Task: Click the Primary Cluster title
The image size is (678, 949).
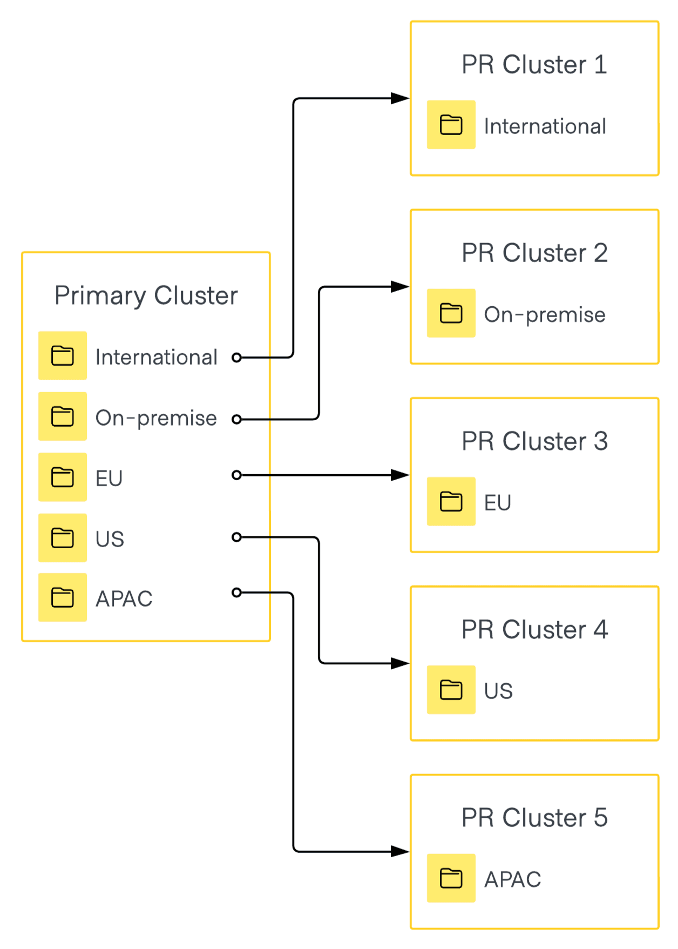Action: (x=146, y=295)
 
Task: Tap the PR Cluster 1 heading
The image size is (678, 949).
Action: (x=534, y=65)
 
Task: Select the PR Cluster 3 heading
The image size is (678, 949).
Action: (x=534, y=441)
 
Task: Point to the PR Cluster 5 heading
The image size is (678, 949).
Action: (x=534, y=818)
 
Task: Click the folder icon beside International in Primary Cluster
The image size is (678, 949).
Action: (x=63, y=356)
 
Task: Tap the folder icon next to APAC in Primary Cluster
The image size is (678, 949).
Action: (x=63, y=597)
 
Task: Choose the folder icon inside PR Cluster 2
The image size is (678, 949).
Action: (x=451, y=313)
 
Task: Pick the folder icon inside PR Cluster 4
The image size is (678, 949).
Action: (x=451, y=690)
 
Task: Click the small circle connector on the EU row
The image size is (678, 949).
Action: (x=236, y=475)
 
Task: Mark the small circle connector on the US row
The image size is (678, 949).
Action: (x=236, y=537)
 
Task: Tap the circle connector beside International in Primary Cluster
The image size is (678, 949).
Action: (x=236, y=357)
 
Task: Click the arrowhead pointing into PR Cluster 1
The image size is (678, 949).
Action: (x=400, y=98)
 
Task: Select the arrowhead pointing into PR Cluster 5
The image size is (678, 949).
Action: (x=400, y=851)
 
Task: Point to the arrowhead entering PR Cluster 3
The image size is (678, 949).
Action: (x=400, y=475)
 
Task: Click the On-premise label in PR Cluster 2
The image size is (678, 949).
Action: (x=544, y=315)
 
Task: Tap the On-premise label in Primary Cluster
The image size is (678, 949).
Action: (x=156, y=418)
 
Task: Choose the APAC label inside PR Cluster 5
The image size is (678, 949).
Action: (x=512, y=879)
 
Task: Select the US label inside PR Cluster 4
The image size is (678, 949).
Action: (x=498, y=691)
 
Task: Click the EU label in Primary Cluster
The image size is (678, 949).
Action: (x=109, y=479)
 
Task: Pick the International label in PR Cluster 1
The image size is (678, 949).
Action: (x=545, y=126)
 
